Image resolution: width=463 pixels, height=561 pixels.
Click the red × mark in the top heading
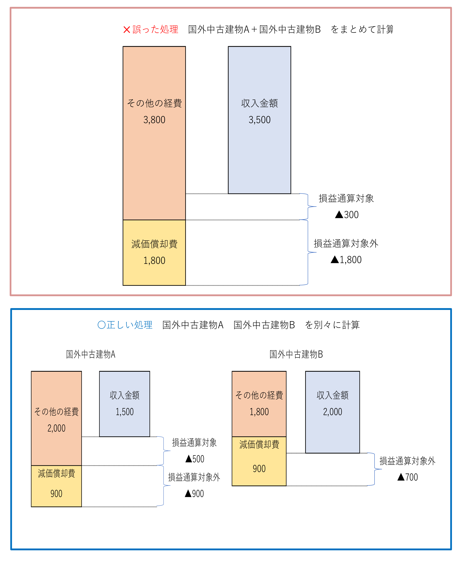pyautogui.click(x=127, y=30)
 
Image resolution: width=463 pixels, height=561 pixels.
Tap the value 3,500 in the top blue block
pyautogui.click(x=260, y=120)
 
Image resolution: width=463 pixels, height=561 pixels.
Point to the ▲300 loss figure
pyautogui.click(x=347, y=215)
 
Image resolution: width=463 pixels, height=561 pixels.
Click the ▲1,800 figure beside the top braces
pyautogui.click(x=346, y=260)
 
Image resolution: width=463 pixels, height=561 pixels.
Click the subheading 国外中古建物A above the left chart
pyautogui.click(x=91, y=354)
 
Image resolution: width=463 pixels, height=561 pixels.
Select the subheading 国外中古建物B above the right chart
pyautogui.click(x=296, y=354)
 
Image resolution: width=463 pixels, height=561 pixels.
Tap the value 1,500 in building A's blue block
pyautogui.click(x=125, y=412)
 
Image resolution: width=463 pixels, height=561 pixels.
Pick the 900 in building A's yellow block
pyautogui.click(x=56, y=494)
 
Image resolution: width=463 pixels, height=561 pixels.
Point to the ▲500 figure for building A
pyautogui.click(x=195, y=459)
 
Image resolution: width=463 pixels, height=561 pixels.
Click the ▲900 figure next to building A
pyautogui.click(x=194, y=494)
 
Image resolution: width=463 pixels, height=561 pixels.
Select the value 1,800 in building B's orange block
pyautogui.click(x=259, y=412)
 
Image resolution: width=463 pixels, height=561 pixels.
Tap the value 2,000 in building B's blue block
pyautogui.click(x=333, y=412)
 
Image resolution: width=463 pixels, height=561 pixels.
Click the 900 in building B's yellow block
pyautogui.click(x=259, y=469)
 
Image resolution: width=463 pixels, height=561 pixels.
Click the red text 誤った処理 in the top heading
pyautogui.click(x=155, y=29)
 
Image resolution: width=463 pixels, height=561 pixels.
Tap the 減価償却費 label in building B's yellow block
pyautogui.click(x=259, y=444)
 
